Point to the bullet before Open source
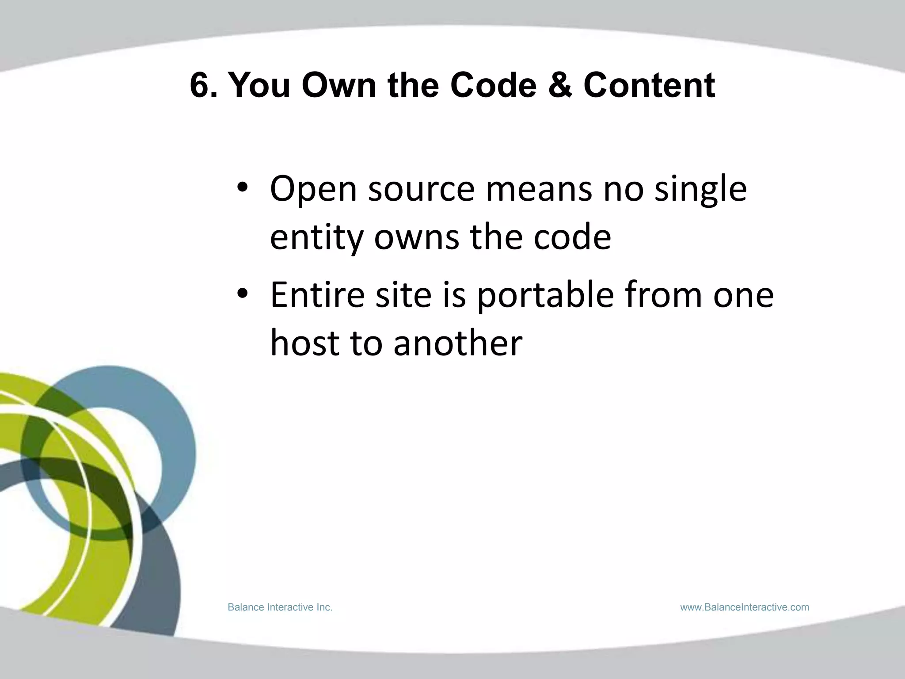point(243,189)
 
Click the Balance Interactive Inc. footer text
point(280,607)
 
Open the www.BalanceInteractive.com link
point(745,607)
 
